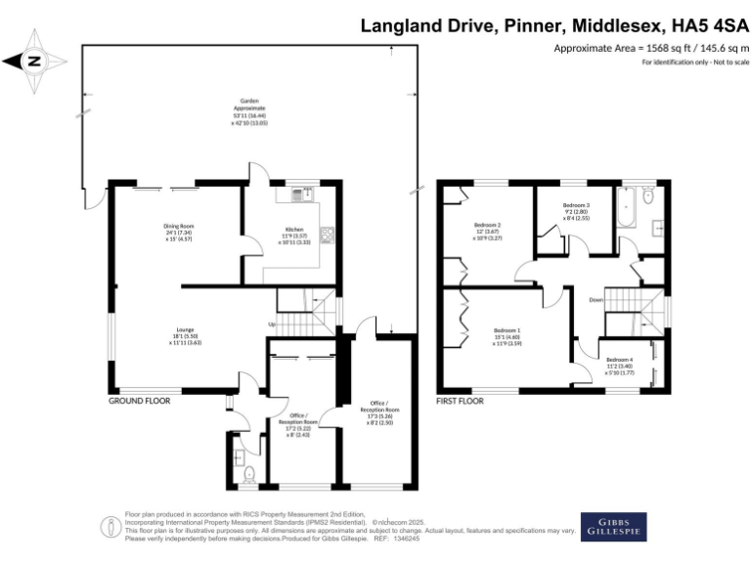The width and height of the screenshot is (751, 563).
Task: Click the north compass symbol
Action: point(34,61)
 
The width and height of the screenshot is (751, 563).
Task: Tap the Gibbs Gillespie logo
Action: point(613,526)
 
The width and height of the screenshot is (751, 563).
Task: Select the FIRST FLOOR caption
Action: point(461,401)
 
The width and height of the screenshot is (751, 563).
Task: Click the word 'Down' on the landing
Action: point(596,299)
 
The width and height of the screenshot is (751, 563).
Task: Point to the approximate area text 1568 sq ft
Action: point(651,48)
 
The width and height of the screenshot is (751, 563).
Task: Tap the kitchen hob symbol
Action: point(327,234)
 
